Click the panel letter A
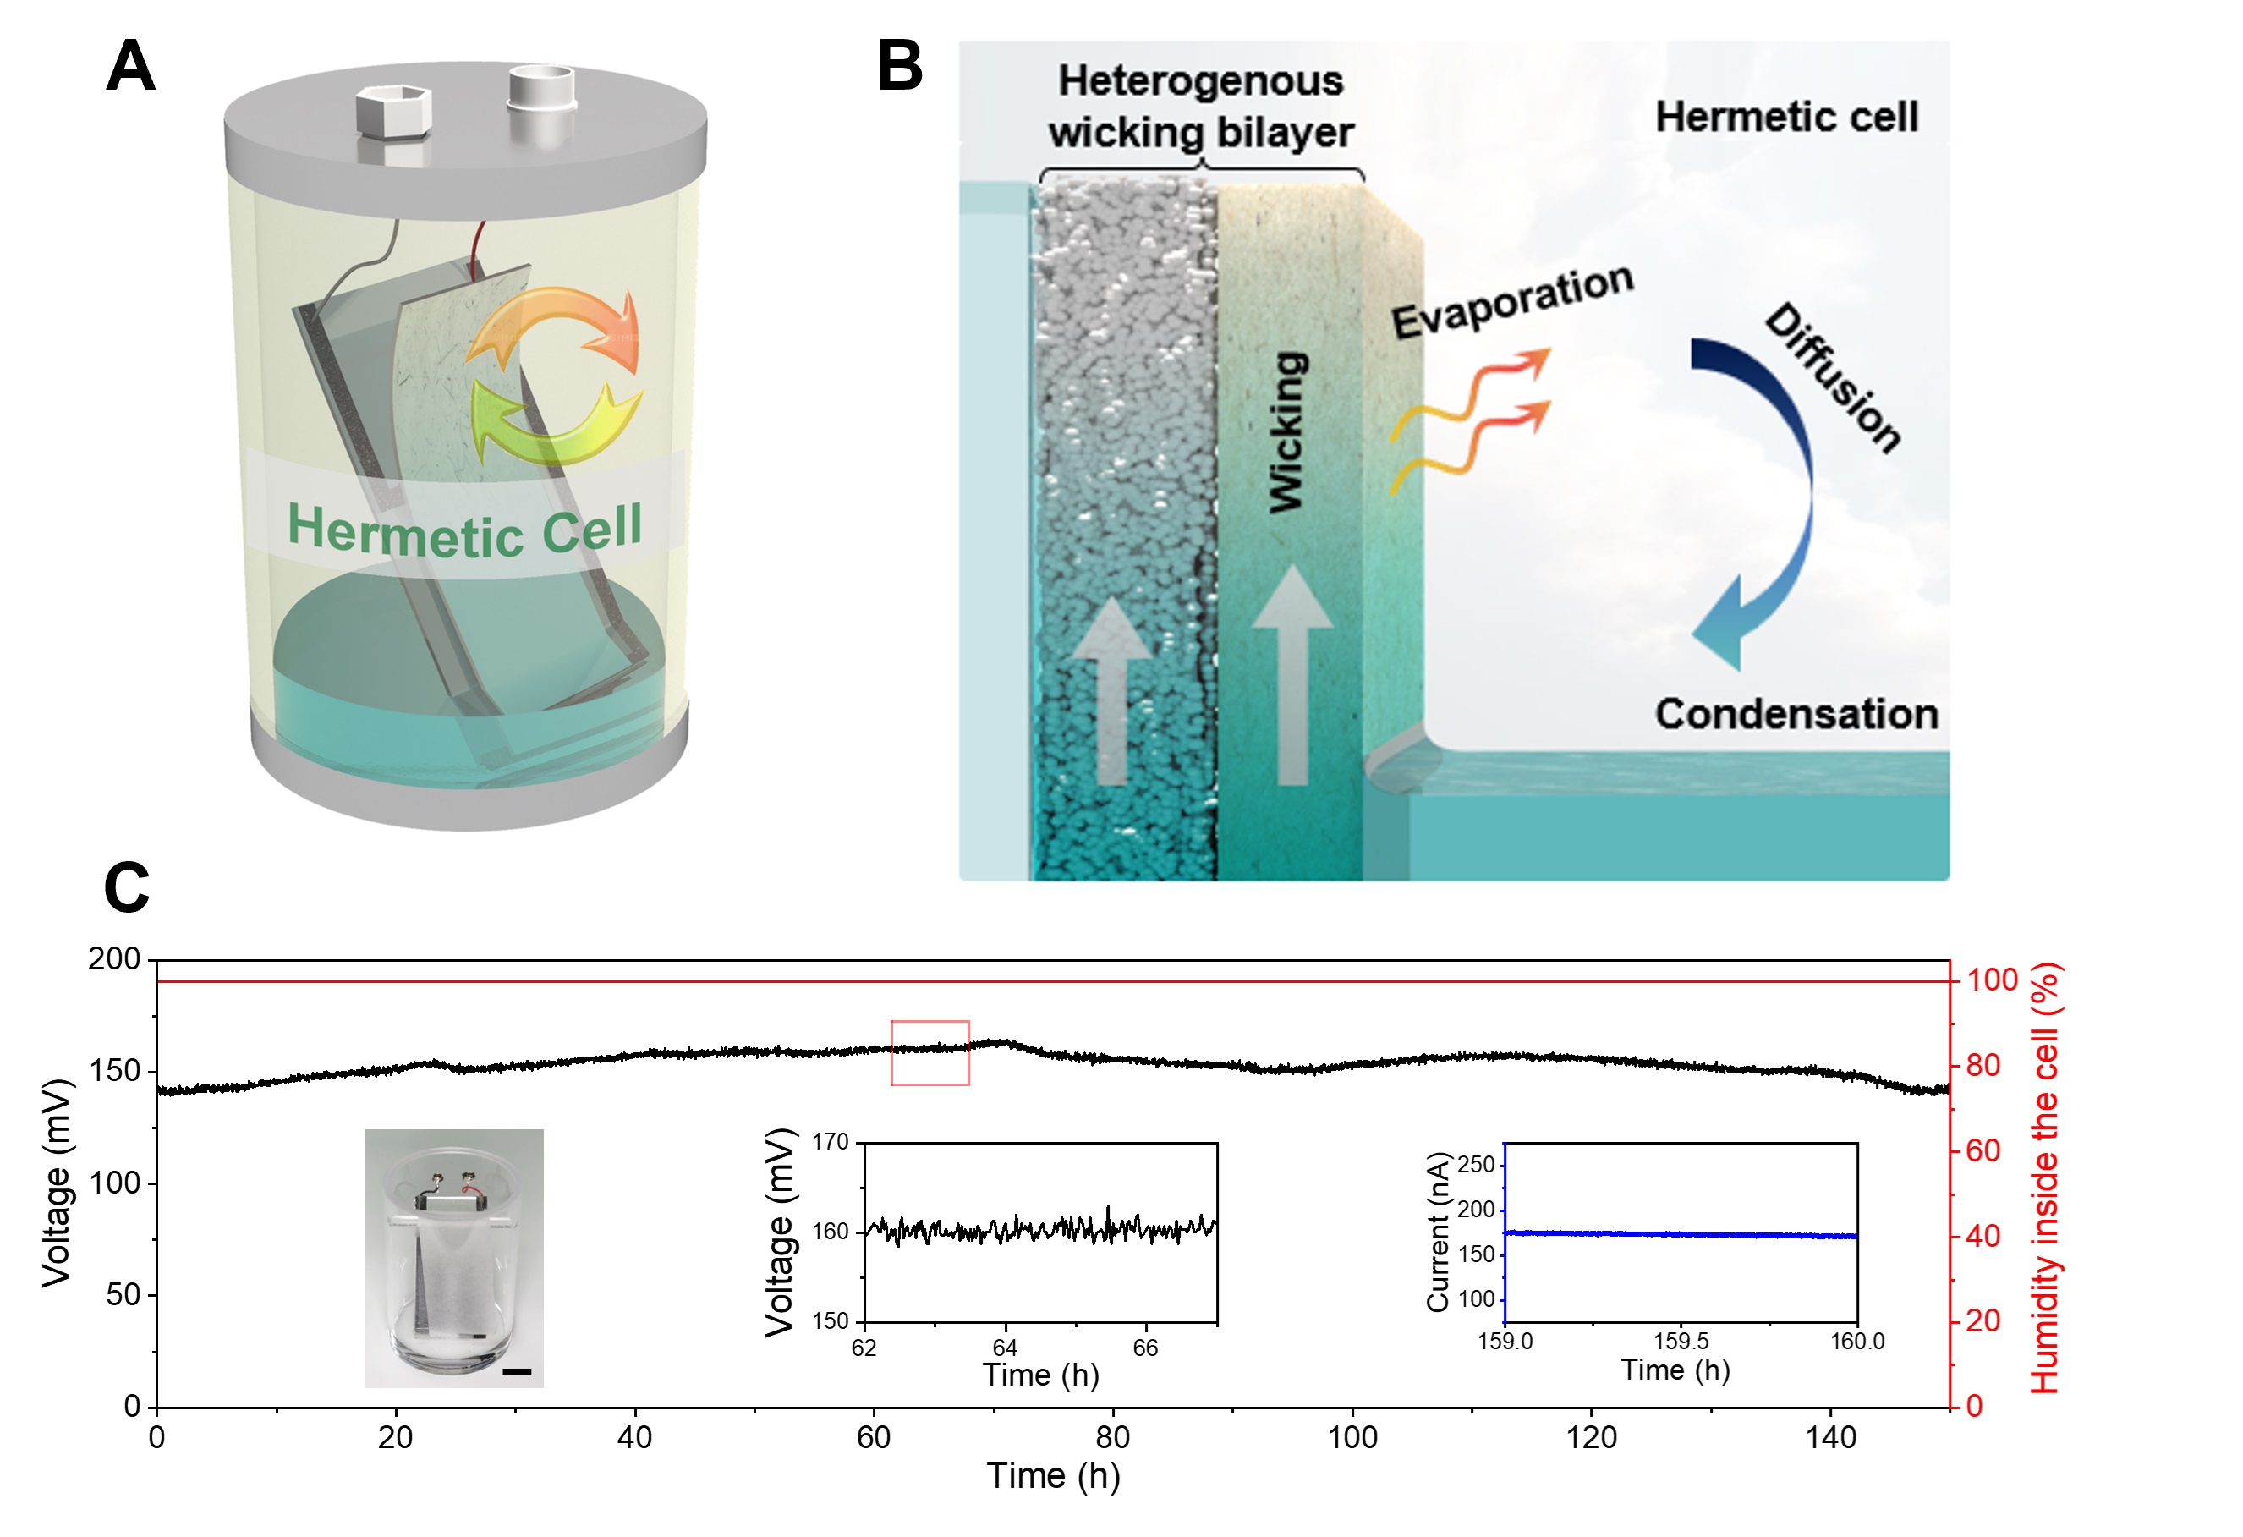pos(130,67)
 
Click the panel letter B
pos(898,67)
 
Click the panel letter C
pos(126,887)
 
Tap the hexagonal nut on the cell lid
pos(392,111)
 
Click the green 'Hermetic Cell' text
pos(464,530)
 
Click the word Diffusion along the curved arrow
pos(1832,376)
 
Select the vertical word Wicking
pos(1287,431)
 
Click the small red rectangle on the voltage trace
pos(930,1052)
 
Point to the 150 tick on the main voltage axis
pos(116,1071)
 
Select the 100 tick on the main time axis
pos(1352,1437)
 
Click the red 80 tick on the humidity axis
pos(1984,1066)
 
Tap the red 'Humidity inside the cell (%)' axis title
pos(2045,1177)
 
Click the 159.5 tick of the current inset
pos(1681,1341)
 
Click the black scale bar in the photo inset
pos(517,1371)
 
